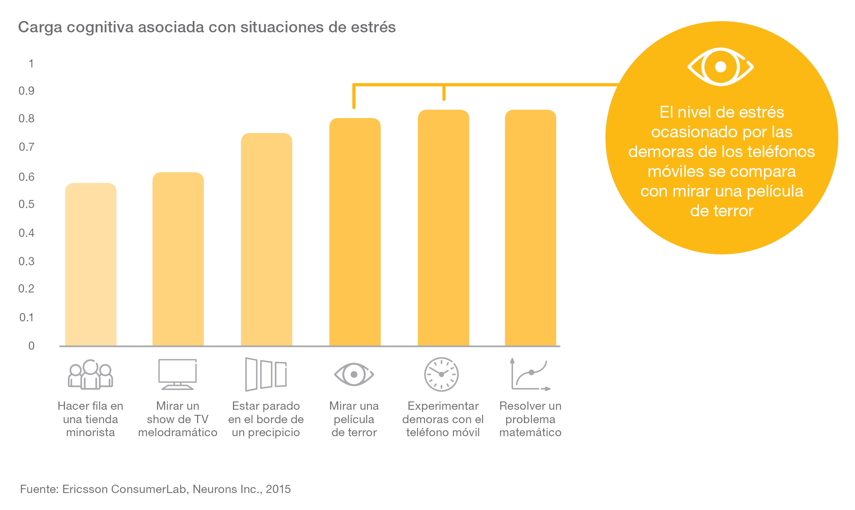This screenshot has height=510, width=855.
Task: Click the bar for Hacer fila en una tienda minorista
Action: coord(91,264)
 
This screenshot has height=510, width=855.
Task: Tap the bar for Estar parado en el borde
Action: coord(266,240)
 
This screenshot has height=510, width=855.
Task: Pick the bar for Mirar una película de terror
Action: coord(355,232)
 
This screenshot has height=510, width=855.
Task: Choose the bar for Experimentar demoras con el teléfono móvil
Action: coord(443,228)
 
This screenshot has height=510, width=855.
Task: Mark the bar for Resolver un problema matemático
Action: coord(531,228)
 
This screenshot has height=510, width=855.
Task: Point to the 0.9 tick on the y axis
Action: coord(26,91)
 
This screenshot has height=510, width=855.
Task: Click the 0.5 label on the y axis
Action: coord(26,204)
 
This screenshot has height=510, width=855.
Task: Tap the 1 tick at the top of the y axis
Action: coord(31,64)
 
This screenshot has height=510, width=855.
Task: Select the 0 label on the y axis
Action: coord(31,346)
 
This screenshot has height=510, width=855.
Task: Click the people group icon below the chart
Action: coord(90,374)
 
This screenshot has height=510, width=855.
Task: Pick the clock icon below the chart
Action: coord(441,374)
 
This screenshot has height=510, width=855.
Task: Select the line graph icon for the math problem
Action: coord(531,374)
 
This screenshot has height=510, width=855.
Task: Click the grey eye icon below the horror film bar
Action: coord(354,374)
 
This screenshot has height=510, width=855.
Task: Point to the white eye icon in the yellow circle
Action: coord(721,67)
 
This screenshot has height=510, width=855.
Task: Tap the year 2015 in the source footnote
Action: coord(278,489)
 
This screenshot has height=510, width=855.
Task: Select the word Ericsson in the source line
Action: coord(85,489)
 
